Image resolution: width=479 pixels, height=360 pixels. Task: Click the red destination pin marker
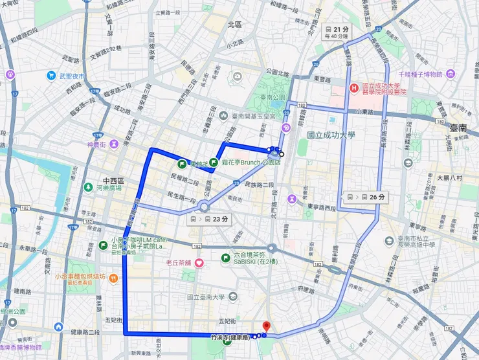tap(265, 327)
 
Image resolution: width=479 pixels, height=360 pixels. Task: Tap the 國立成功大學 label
tap(333, 135)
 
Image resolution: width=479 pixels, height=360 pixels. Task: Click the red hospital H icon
tap(353, 88)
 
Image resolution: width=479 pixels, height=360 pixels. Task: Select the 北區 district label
tap(234, 24)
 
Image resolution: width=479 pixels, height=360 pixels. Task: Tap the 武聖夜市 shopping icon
tap(50, 75)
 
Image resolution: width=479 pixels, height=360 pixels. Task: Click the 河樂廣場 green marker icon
tap(87, 188)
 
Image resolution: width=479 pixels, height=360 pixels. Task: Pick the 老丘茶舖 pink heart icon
tap(199, 262)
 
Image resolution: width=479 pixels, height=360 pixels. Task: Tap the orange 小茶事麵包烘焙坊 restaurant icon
tap(113, 277)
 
